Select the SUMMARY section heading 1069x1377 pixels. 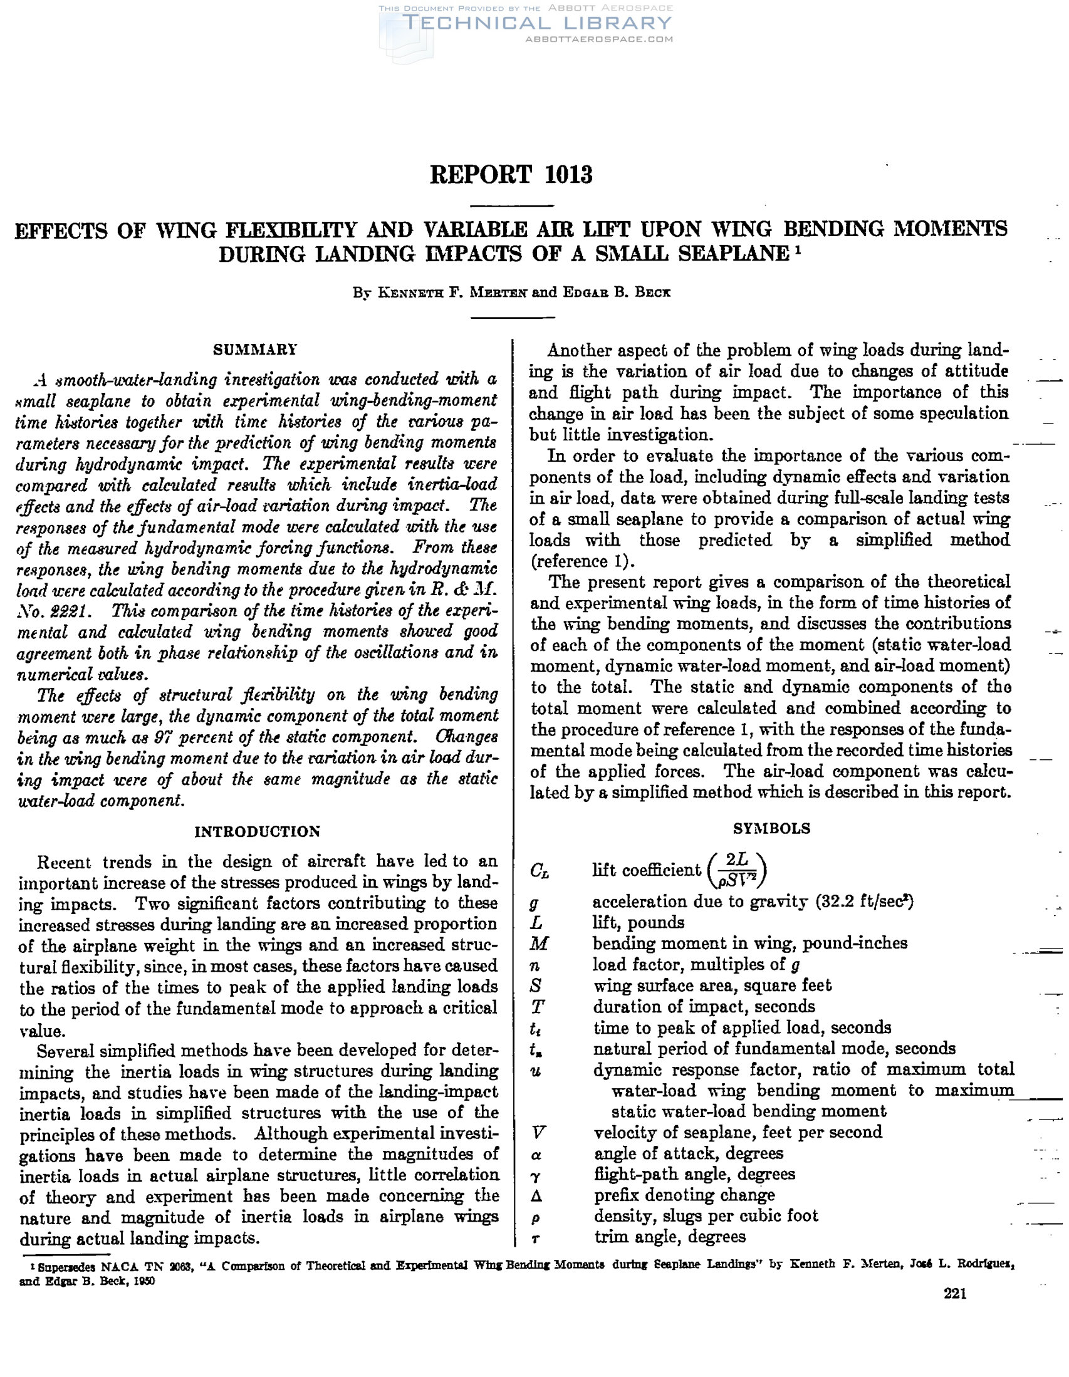coord(255,350)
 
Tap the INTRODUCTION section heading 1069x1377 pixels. coord(258,831)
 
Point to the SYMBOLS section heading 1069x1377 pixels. coord(771,828)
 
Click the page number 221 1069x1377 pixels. coord(955,1294)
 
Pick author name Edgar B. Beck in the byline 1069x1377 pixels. coord(615,293)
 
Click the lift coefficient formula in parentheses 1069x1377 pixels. coord(737,869)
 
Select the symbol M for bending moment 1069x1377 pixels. coord(540,943)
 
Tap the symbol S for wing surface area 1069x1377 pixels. coord(537,985)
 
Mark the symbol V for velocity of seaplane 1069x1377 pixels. coord(538,1133)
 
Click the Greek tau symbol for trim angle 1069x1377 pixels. coord(536,1239)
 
